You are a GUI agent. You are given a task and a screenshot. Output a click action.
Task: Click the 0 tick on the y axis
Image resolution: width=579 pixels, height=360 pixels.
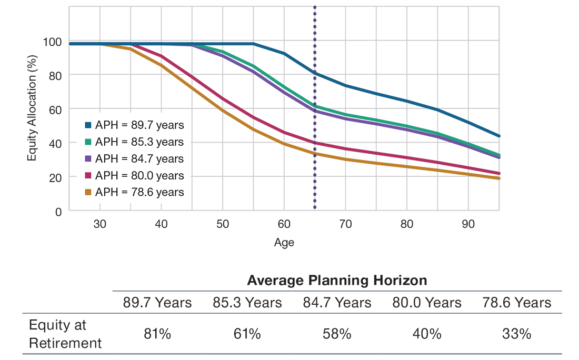pos(58,212)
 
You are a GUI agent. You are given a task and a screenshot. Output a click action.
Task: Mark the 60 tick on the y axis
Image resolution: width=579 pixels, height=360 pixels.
pos(55,109)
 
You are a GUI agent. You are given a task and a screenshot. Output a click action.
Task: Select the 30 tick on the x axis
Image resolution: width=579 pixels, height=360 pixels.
pos(99,224)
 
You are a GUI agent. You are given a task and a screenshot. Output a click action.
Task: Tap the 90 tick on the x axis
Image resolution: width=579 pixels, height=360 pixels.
pos(468,224)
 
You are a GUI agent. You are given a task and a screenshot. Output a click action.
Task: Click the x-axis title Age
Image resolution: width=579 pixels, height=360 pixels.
pos(284,243)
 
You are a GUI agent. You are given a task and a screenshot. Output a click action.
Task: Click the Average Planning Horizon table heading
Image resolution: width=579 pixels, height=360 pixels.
pos(337,280)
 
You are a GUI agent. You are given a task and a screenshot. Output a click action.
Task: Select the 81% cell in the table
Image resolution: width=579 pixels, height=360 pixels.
pos(157,334)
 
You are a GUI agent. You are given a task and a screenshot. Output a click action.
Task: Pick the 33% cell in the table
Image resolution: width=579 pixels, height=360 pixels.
pos(516,334)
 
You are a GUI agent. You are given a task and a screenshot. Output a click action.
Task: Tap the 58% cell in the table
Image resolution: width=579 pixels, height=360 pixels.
pos(337,334)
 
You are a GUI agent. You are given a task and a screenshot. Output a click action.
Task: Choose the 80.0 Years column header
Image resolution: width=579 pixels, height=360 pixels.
pos(427,303)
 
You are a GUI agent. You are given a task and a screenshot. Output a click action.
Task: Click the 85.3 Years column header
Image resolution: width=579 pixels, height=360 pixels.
pos(247,303)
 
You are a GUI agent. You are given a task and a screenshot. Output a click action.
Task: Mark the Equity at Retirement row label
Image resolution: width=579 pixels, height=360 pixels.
pos(65,334)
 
